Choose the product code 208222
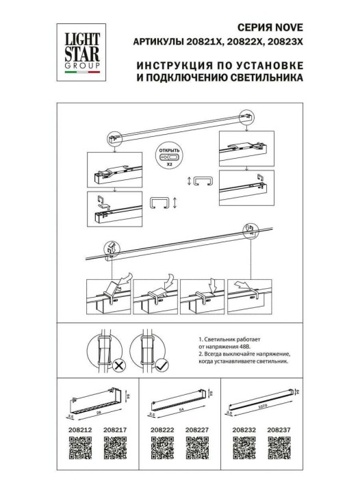click(x=162, y=431)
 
